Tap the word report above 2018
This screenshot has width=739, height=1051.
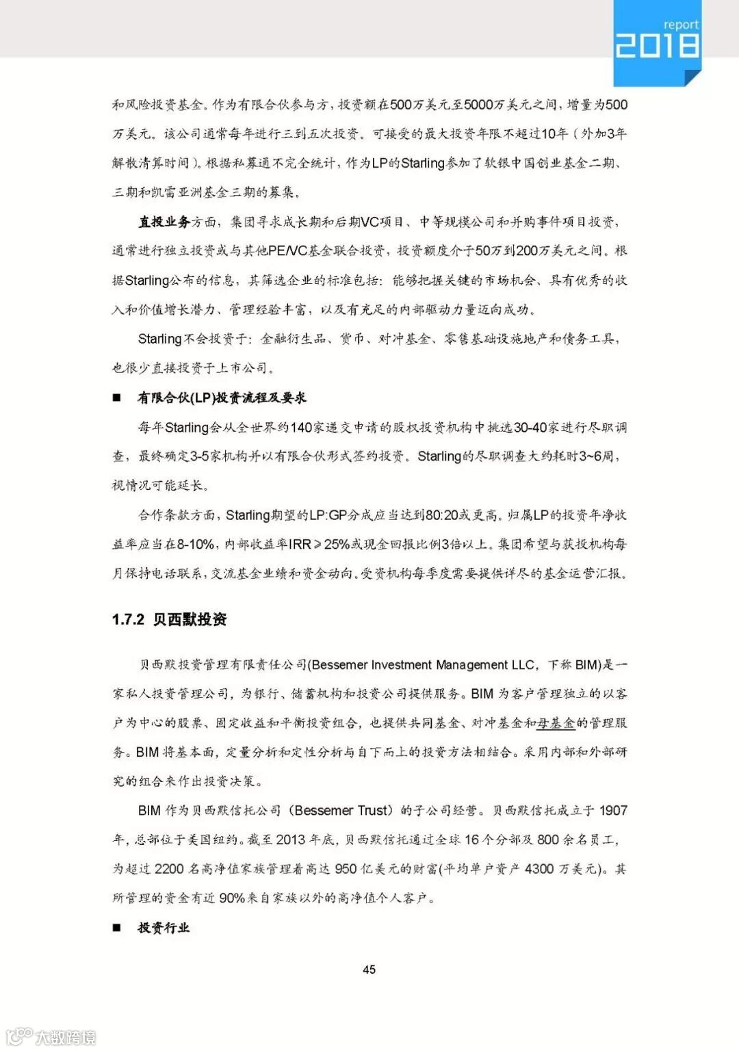coord(680,25)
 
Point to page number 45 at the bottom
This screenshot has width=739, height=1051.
coord(369,969)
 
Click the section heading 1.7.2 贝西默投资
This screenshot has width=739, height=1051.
coord(169,619)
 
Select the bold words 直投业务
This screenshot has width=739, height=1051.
coord(164,222)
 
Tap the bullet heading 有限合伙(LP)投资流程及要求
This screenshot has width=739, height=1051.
coord(222,398)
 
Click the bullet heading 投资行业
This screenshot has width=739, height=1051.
coord(164,928)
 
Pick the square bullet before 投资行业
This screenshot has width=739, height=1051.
coord(117,928)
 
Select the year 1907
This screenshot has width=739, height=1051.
coord(613,810)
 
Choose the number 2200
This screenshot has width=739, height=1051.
coord(169,869)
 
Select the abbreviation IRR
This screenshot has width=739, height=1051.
coord(300,544)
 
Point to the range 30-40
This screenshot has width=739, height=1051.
coord(530,427)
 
